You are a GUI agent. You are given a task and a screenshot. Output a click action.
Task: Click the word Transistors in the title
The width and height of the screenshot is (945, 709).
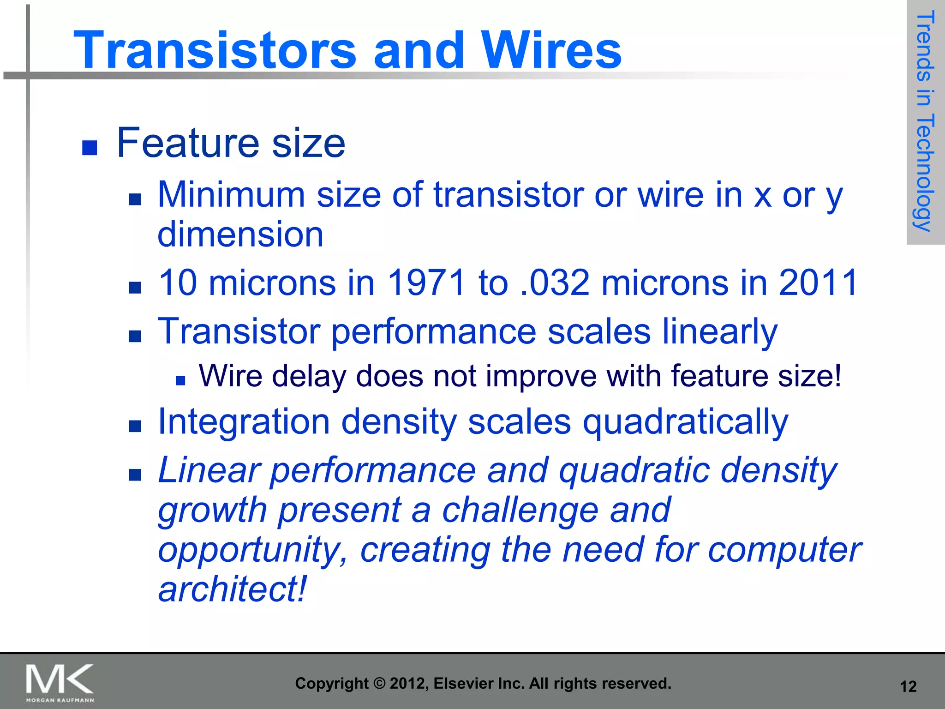[215, 50]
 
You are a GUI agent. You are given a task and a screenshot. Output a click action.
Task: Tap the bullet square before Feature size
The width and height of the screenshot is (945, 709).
[90, 148]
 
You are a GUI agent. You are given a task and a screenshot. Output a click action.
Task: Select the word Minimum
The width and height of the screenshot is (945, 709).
[231, 195]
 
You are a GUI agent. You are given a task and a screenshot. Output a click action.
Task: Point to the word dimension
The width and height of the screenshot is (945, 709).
[240, 234]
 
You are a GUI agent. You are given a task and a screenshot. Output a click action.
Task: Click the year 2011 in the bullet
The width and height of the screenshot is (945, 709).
[818, 282]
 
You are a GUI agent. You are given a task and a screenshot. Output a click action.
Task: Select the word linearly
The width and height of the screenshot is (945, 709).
[720, 331]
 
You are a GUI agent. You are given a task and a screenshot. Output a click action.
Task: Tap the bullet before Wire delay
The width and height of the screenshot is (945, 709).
[180, 381]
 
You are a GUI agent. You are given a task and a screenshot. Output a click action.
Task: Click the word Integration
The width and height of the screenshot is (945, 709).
[244, 422]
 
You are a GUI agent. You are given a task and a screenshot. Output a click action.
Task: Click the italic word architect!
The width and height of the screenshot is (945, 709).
[232, 589]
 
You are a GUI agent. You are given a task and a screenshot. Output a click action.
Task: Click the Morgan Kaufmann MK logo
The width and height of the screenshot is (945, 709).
[60, 682]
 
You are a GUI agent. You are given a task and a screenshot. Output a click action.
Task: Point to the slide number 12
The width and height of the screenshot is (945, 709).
[908, 686]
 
